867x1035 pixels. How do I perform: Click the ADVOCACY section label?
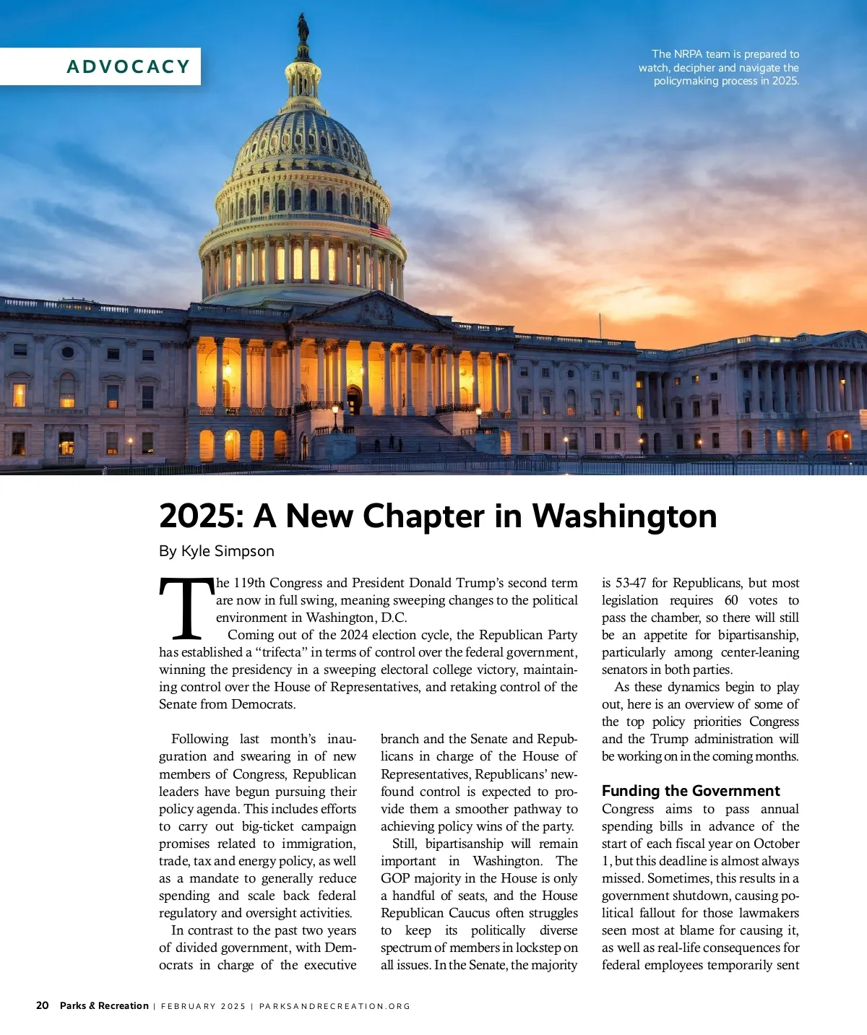point(128,66)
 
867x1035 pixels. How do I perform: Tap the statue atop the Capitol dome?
point(303,29)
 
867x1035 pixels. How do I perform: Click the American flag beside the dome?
point(380,230)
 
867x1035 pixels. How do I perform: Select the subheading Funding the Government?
point(691,791)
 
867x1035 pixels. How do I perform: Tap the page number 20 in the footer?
point(43,1005)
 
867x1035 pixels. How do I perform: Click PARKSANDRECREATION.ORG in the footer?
point(335,1006)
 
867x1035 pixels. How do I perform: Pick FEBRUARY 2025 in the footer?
point(203,1006)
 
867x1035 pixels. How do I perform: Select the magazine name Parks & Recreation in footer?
point(104,1005)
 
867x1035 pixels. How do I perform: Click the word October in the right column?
point(777,844)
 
